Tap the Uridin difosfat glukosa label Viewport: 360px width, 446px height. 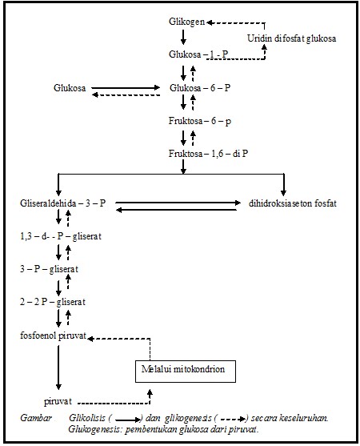(x=290, y=38)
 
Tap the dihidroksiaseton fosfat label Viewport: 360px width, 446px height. (x=287, y=204)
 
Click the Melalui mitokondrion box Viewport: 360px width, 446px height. (x=182, y=371)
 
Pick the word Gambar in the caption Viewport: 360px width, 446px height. (x=34, y=418)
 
